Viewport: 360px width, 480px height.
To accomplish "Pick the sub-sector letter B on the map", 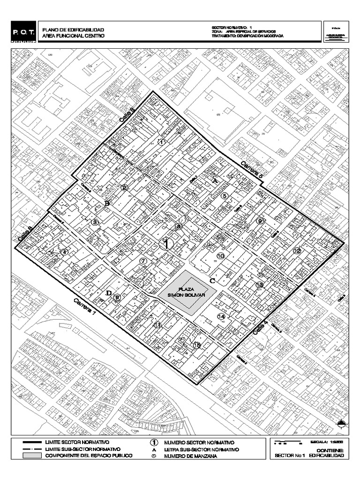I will click(107, 203).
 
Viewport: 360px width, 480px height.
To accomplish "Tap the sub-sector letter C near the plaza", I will click(212, 281).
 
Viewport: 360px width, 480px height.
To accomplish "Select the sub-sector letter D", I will click(109, 293).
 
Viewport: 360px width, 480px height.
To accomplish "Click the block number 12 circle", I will click(297, 251).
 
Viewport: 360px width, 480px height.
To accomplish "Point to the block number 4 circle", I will click(65, 252).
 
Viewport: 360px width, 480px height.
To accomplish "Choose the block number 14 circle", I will click(222, 317).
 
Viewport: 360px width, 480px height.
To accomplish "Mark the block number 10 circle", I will click(221, 255).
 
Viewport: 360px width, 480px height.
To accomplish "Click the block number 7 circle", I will click(144, 261).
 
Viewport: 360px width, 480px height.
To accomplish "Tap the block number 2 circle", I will click(124, 188).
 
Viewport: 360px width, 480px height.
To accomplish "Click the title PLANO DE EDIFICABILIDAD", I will click(73, 30).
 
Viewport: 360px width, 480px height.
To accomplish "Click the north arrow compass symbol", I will click(343, 424).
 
